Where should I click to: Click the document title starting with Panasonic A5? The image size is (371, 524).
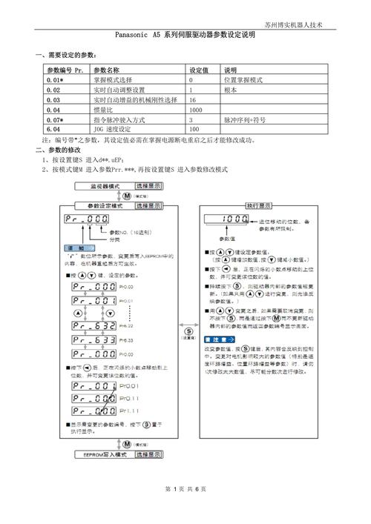[x=185, y=35]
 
